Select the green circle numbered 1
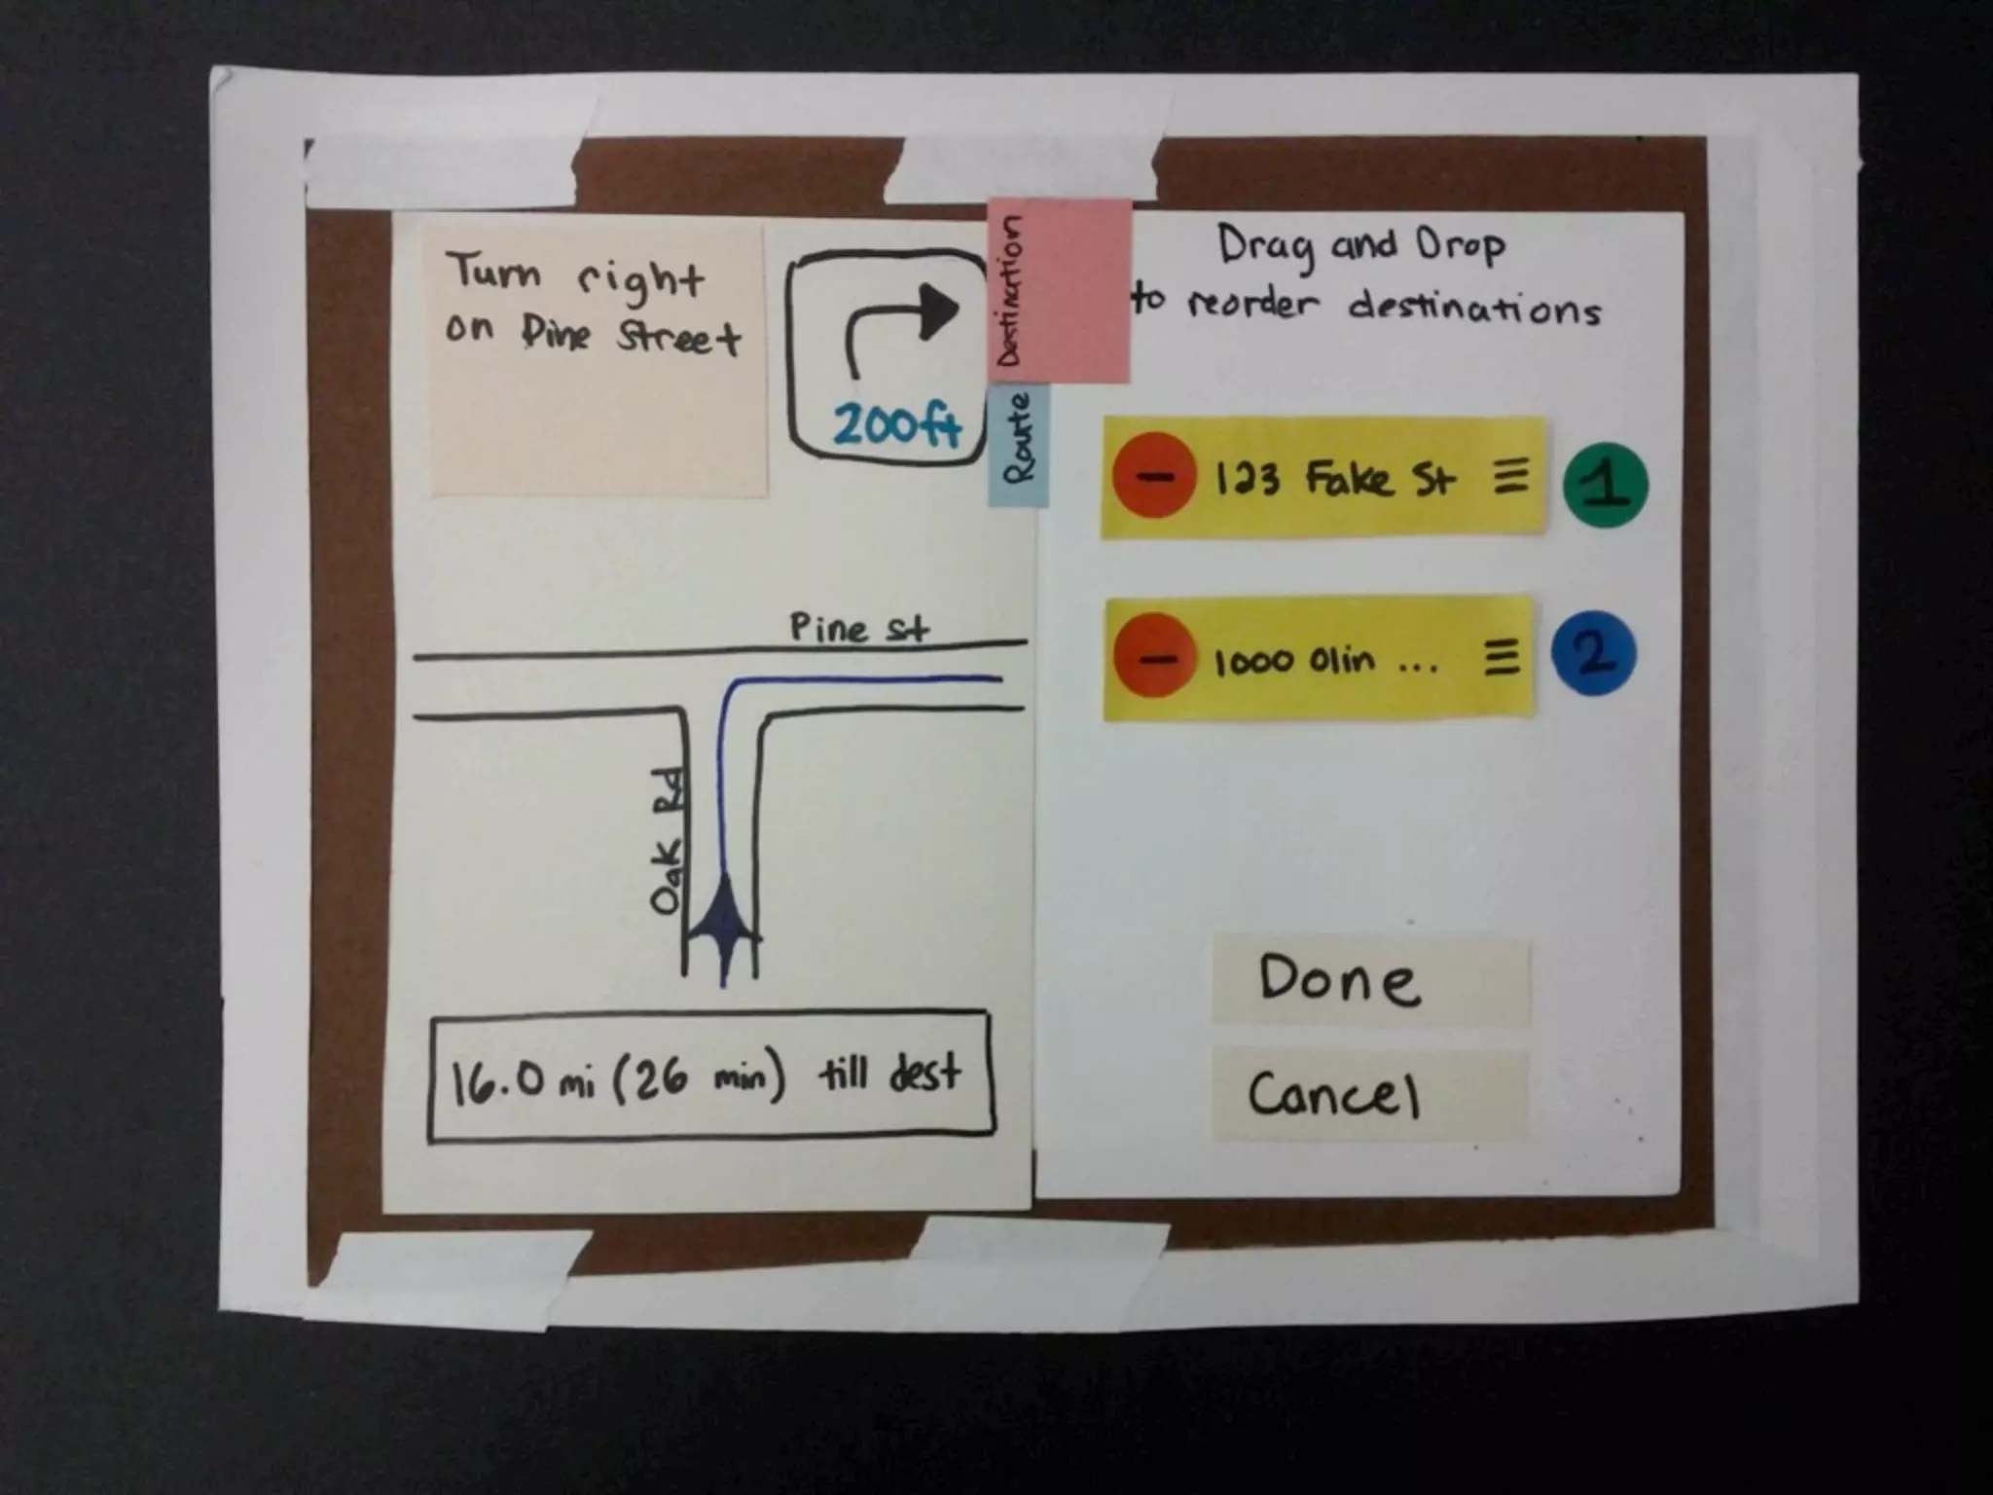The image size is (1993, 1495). [1605, 484]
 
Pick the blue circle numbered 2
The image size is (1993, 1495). [1593, 654]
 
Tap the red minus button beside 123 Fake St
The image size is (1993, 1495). [1155, 477]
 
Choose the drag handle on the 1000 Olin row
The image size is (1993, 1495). [1502, 658]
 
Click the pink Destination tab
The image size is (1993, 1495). [1059, 291]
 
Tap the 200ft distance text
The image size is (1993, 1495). [896, 424]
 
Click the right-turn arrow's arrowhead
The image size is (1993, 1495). [938, 309]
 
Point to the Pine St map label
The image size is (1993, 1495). [858, 628]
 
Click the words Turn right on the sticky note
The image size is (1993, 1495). [574, 275]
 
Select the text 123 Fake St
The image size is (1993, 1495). [1335, 479]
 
